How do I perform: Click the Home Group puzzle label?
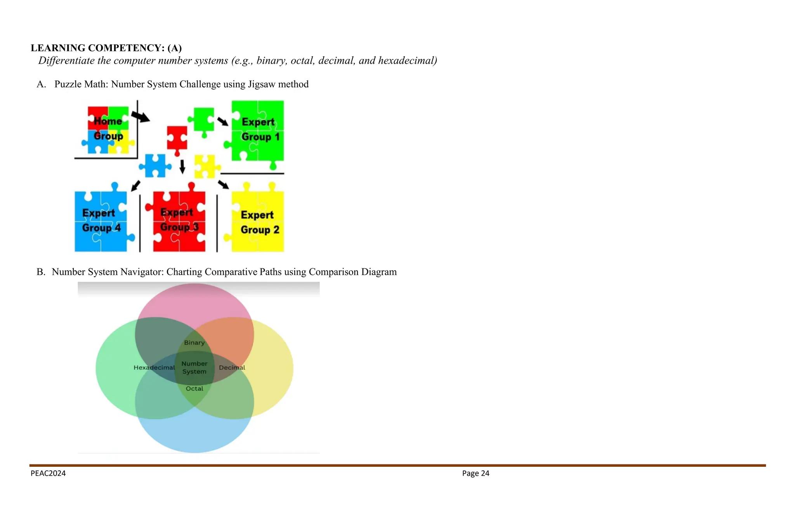[x=108, y=129]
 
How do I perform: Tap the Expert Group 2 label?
[x=259, y=222]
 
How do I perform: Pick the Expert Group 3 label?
[x=179, y=220]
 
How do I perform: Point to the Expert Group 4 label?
[x=101, y=221]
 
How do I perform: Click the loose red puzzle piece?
[x=177, y=139]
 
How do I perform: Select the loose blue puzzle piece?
[x=155, y=165]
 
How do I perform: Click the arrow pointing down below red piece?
[x=182, y=166]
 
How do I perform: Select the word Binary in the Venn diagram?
[x=194, y=343]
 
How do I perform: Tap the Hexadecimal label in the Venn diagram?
[x=154, y=367]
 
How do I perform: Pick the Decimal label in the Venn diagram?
[x=232, y=367]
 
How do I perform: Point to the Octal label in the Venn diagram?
[x=194, y=388]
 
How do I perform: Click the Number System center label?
[x=194, y=367]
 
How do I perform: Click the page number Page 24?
[x=476, y=473]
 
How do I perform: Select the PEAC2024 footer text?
[x=48, y=473]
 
